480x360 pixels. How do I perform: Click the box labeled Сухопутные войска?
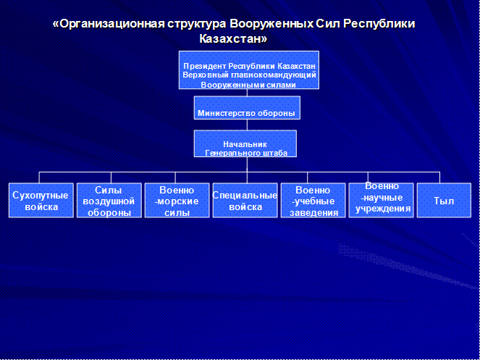tap(41, 201)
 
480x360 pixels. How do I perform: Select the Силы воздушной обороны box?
tap(109, 201)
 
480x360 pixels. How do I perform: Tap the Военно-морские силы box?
tap(177, 201)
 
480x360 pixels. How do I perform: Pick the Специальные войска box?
tap(245, 201)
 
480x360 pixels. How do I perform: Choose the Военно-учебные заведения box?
tap(313, 201)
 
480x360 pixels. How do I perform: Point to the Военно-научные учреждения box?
tap(381, 201)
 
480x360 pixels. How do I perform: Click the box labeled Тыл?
tap(444, 201)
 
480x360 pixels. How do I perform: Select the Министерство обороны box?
tap(247, 108)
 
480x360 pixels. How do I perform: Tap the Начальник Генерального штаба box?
tap(245, 143)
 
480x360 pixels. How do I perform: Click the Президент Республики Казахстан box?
tap(249, 70)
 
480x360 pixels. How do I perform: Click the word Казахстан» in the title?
tap(233, 39)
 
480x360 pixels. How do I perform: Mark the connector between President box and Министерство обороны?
tap(247, 93)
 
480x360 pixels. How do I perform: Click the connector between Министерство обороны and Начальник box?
tap(247, 125)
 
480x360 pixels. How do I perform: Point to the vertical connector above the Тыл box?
tap(440, 177)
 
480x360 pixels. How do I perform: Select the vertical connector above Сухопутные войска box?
tap(39, 177)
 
